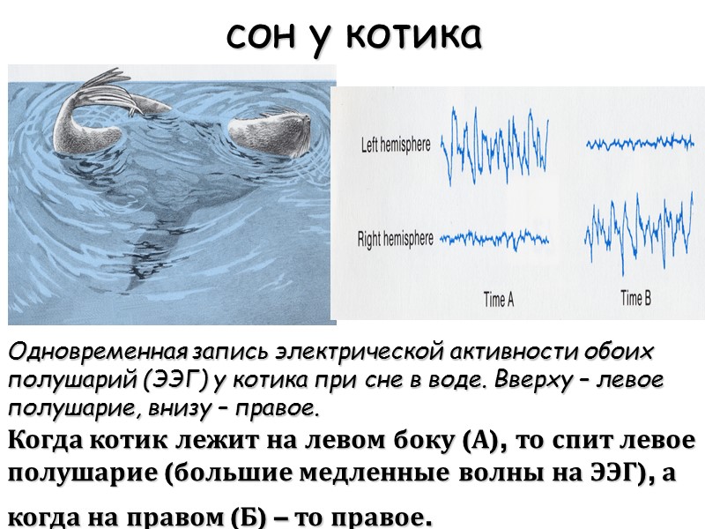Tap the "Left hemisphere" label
397,145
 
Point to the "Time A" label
499,299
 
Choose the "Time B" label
635,298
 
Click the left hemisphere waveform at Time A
496,141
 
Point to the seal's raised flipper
106,95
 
